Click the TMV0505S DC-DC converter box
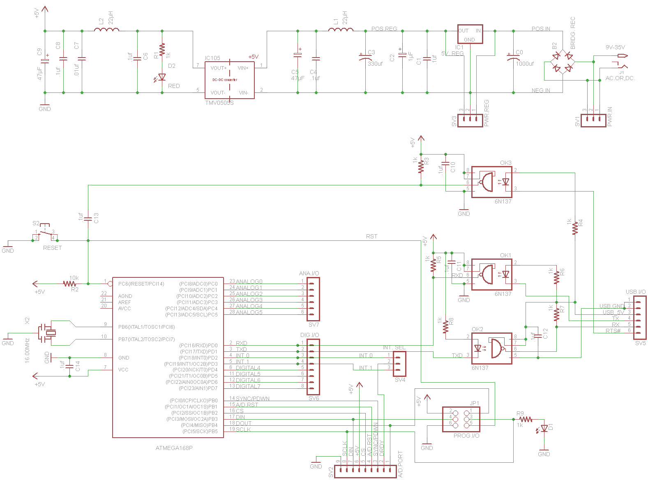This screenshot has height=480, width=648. click(x=229, y=80)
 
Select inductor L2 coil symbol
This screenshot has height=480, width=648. click(x=107, y=30)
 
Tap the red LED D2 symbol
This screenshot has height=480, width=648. click(x=162, y=77)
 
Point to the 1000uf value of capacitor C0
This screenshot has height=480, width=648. click(x=525, y=64)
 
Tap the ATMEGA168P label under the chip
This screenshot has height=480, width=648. click(x=174, y=448)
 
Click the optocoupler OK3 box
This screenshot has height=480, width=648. click(x=491, y=182)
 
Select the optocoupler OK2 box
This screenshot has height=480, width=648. click(x=491, y=348)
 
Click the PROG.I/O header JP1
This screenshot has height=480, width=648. click(x=461, y=419)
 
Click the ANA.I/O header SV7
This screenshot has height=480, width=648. click(x=313, y=299)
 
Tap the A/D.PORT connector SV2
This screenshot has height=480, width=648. click(x=365, y=471)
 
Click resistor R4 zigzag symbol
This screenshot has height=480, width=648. click(x=575, y=227)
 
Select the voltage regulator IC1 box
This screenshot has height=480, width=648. click(x=470, y=35)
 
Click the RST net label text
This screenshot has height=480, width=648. click(x=371, y=236)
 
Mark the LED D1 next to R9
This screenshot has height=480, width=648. click(x=544, y=428)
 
